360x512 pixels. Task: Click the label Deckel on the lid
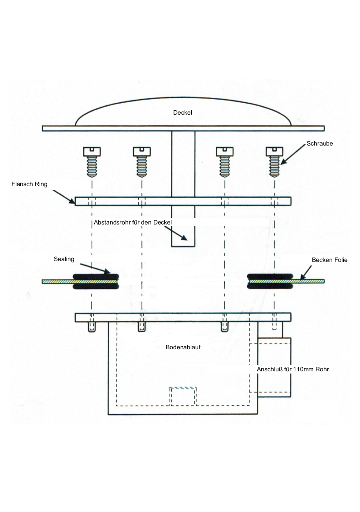pyautogui.click(x=182, y=112)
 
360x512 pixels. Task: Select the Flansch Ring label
pyautogui.click(x=29, y=184)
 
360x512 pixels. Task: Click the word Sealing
pyautogui.click(x=64, y=259)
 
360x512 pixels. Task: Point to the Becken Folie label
pyautogui.click(x=330, y=260)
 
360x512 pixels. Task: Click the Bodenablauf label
pyautogui.click(x=183, y=347)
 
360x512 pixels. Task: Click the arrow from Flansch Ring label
pyautogui.click(x=63, y=196)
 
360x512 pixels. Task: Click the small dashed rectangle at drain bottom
pyautogui.click(x=183, y=396)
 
